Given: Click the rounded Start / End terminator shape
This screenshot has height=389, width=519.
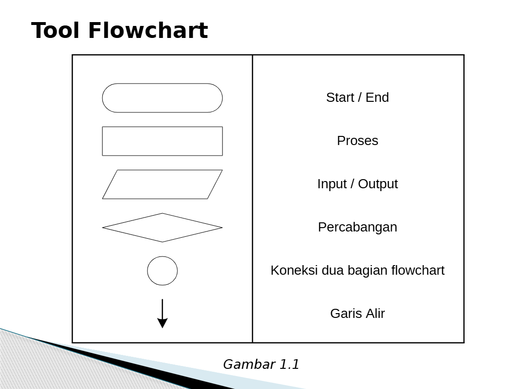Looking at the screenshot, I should (x=162, y=98).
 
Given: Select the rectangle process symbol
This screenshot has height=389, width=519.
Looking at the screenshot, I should (x=162, y=141).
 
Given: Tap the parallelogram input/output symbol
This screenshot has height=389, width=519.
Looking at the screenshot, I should (x=162, y=184).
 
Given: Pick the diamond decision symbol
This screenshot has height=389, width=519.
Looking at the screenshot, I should (x=162, y=228).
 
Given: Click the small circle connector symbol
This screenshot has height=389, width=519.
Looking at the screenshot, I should (x=162, y=271).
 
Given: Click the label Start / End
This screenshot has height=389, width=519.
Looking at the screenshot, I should (x=358, y=97).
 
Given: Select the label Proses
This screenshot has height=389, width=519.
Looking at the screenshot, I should (x=358, y=141).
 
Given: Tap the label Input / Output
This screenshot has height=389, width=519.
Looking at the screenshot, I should (x=358, y=184).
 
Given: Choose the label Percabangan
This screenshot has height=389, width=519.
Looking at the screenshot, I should (x=358, y=227).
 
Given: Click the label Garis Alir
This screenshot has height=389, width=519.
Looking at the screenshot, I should (x=358, y=314).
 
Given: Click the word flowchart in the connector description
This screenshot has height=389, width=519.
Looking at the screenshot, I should (x=418, y=270).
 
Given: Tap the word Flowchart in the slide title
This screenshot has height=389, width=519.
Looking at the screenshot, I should (x=148, y=31).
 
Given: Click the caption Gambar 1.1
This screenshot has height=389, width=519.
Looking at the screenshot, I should (x=261, y=365).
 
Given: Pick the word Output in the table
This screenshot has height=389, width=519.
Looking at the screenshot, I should (x=378, y=184).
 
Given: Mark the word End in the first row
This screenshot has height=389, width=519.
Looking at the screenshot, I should (x=377, y=97).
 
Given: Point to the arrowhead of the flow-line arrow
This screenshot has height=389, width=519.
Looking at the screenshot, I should (x=162, y=323).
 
